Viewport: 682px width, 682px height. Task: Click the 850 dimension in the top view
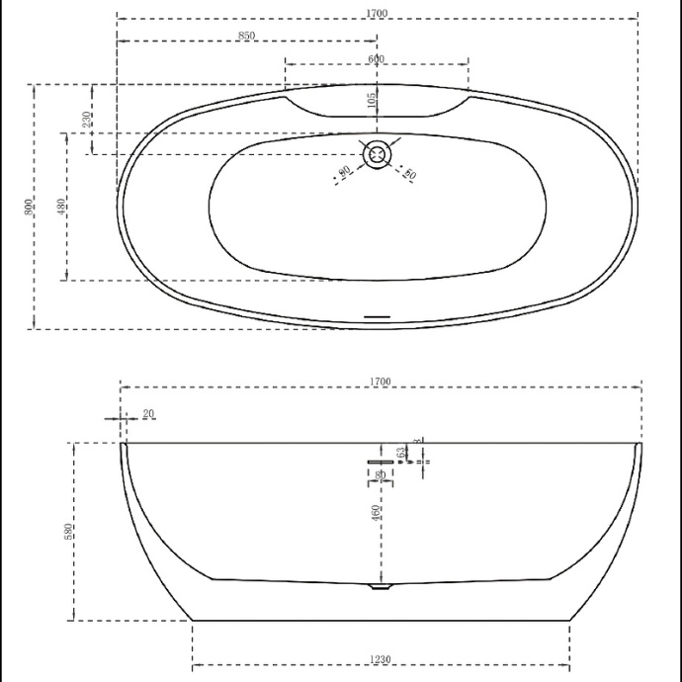tap(247, 36)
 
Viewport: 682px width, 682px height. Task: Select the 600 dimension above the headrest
tap(377, 59)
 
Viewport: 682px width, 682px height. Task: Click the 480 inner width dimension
tap(61, 207)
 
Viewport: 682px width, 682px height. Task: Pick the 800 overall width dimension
tap(30, 207)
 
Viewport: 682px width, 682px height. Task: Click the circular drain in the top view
tap(377, 155)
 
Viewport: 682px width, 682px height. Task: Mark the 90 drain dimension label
tap(344, 173)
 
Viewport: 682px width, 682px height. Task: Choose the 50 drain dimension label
tap(410, 174)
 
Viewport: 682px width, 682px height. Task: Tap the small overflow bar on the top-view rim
tap(379, 317)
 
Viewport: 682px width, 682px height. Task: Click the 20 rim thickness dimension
tap(148, 413)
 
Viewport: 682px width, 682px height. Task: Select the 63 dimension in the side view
tap(401, 453)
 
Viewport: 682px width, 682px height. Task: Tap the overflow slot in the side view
tap(381, 461)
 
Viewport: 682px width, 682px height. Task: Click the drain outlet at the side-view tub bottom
tap(380, 586)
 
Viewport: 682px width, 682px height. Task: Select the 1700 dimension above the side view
tap(381, 382)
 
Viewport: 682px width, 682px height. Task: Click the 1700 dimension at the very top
tap(377, 13)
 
